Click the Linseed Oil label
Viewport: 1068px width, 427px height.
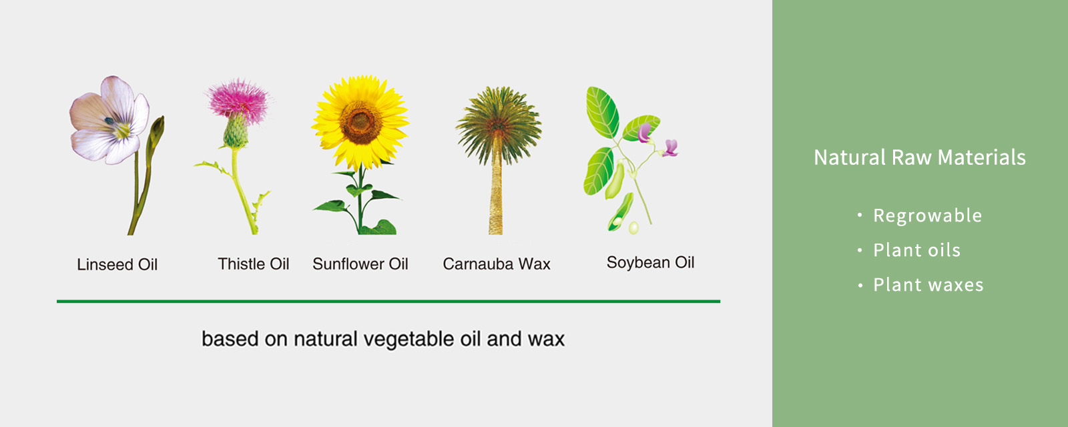click(117, 264)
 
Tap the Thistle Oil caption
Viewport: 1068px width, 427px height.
click(253, 264)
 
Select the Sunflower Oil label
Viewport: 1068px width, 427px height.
click(360, 264)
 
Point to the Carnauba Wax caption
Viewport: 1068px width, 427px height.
click(497, 264)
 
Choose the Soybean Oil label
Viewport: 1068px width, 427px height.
click(650, 262)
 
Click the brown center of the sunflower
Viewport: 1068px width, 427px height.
click(360, 123)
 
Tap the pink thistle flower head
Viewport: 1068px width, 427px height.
click(238, 101)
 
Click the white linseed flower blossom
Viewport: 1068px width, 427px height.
click(109, 120)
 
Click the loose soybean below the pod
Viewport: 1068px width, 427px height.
click(633, 228)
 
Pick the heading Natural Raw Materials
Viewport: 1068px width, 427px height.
click(920, 157)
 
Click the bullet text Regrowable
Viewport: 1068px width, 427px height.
click(927, 216)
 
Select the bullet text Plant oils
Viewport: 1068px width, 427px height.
click(917, 250)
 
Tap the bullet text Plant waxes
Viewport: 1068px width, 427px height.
click(928, 285)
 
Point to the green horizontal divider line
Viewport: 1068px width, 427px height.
click(388, 301)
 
